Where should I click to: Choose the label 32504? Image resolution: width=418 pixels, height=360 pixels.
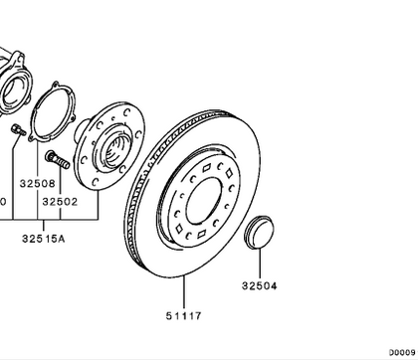[x=259, y=286]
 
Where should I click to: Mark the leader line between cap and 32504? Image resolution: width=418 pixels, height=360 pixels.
[x=259, y=261]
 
